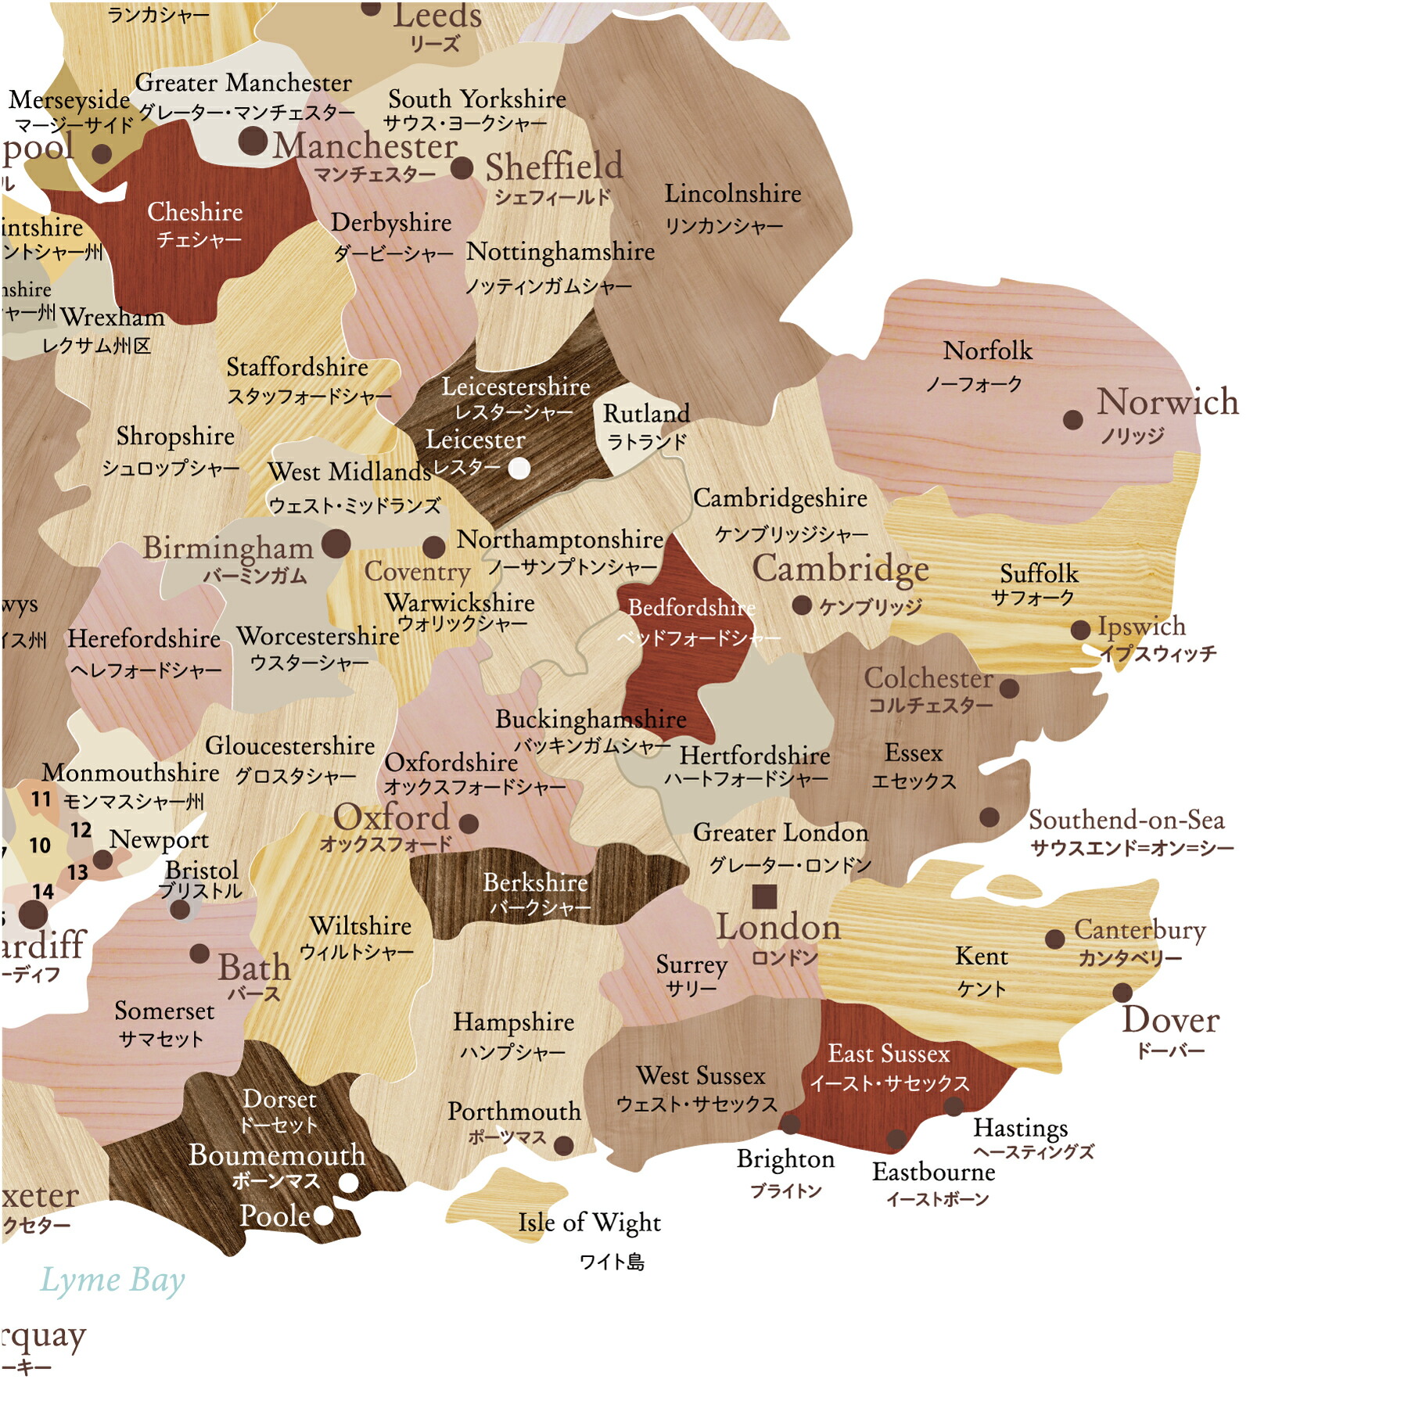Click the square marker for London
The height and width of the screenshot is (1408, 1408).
[x=764, y=896]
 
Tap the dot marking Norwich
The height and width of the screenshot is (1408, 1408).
[x=1072, y=420]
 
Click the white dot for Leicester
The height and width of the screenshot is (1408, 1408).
[x=519, y=469]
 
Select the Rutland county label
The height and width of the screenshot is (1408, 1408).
[x=646, y=414]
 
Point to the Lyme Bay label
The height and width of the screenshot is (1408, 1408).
[x=113, y=1280]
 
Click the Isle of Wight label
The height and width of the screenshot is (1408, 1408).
[x=589, y=1222]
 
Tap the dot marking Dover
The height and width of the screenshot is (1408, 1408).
[x=1122, y=993]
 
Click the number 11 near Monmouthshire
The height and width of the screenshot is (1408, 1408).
[x=41, y=799]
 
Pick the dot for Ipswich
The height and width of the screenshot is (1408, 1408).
[x=1080, y=630]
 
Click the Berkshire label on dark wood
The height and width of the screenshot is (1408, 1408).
[x=535, y=883]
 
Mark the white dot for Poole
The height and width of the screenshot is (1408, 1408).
[x=324, y=1216]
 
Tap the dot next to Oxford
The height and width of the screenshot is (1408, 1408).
[x=469, y=824]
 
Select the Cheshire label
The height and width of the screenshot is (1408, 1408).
[x=195, y=212]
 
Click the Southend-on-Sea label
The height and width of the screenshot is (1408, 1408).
[x=1126, y=820]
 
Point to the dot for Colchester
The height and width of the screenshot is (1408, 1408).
[x=1010, y=688]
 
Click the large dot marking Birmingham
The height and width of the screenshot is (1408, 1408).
[x=336, y=543]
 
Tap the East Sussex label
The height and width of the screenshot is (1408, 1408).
[x=889, y=1054]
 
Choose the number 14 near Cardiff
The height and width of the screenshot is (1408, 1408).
[x=43, y=891]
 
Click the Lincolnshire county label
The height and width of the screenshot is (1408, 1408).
[x=733, y=194]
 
